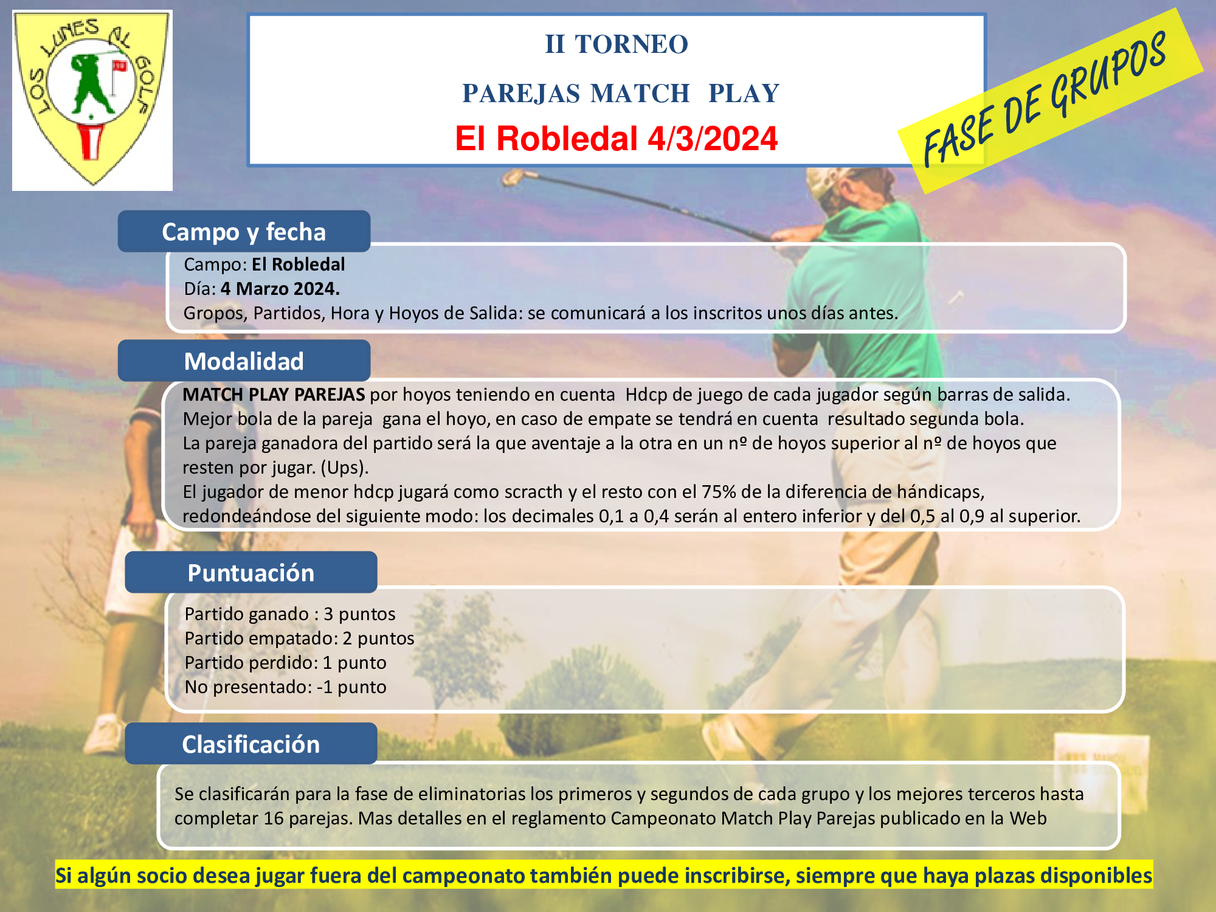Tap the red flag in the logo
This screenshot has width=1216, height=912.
(119, 66)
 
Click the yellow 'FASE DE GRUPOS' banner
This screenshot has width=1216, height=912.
(1050, 100)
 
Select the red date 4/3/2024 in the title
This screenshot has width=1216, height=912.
(713, 139)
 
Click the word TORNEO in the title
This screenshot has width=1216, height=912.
(631, 44)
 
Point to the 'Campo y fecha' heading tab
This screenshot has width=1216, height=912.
(244, 232)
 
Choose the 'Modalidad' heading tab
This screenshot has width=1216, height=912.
(244, 361)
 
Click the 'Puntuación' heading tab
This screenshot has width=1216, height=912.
(251, 573)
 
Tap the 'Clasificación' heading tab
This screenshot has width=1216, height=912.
(251, 744)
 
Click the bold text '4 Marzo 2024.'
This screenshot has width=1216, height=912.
(280, 289)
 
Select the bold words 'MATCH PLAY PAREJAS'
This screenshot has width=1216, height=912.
(274, 395)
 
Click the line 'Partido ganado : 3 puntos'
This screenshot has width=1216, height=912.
(290, 614)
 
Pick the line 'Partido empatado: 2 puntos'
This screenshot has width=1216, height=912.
(299, 638)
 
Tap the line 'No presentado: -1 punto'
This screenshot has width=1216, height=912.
(286, 687)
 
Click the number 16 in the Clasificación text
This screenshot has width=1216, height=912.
(274, 818)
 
